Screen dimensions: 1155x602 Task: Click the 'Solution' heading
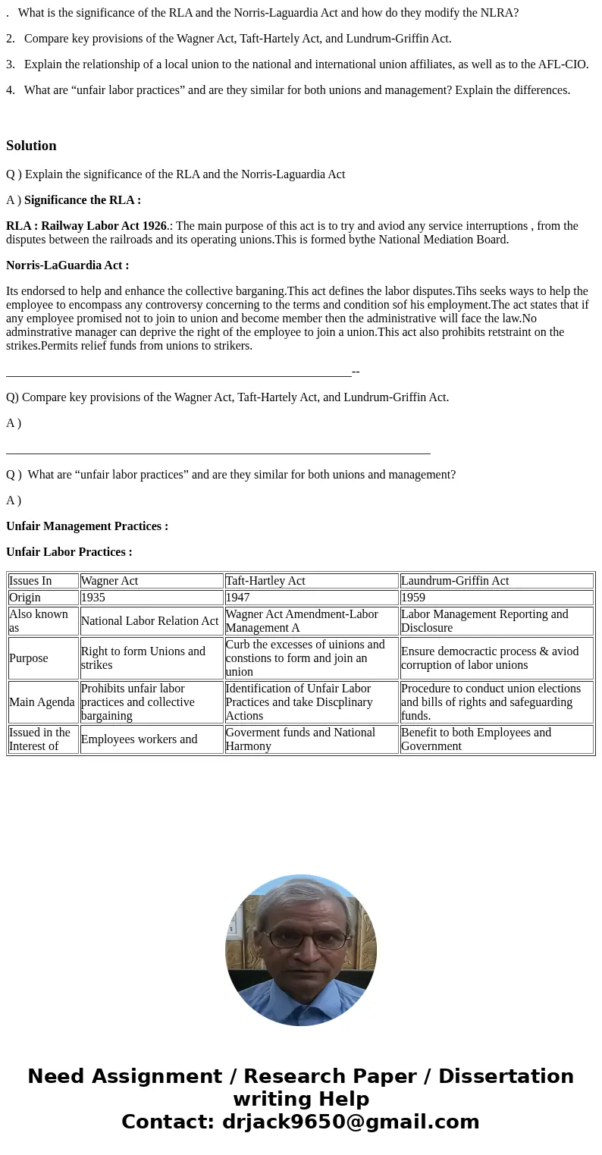(31, 146)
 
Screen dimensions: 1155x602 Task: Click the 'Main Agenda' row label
(42, 702)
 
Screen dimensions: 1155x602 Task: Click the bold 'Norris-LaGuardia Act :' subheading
(67, 265)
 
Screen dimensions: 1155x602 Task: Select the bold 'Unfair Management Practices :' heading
(87, 526)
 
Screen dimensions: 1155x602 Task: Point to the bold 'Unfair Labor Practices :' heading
(69, 552)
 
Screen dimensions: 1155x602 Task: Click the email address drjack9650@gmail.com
(350, 1122)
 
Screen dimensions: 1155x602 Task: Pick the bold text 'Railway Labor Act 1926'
(104, 226)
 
